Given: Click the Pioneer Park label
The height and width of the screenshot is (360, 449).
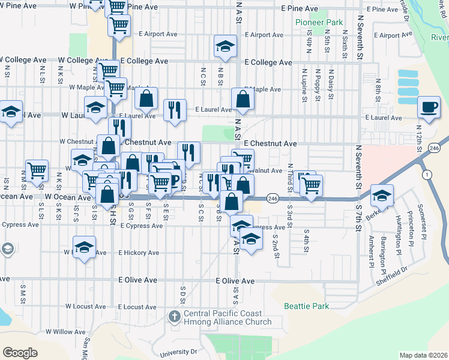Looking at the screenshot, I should click(x=319, y=22).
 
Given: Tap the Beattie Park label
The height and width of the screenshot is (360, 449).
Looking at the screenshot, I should click(x=307, y=306).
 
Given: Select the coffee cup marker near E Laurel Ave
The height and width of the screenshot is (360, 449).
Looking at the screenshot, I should click(x=428, y=107).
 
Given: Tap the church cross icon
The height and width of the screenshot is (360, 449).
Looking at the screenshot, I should click(x=175, y=316).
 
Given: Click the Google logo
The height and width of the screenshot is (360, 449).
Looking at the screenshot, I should click(x=20, y=353).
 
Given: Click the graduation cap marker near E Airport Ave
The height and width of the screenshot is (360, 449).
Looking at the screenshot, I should click(x=225, y=46).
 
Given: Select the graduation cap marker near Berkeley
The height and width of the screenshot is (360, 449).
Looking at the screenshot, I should click(x=382, y=196).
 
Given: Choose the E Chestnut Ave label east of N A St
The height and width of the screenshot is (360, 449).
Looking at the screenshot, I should click(x=270, y=144).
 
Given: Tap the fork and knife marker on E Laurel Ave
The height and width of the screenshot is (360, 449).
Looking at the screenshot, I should click(x=175, y=110).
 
